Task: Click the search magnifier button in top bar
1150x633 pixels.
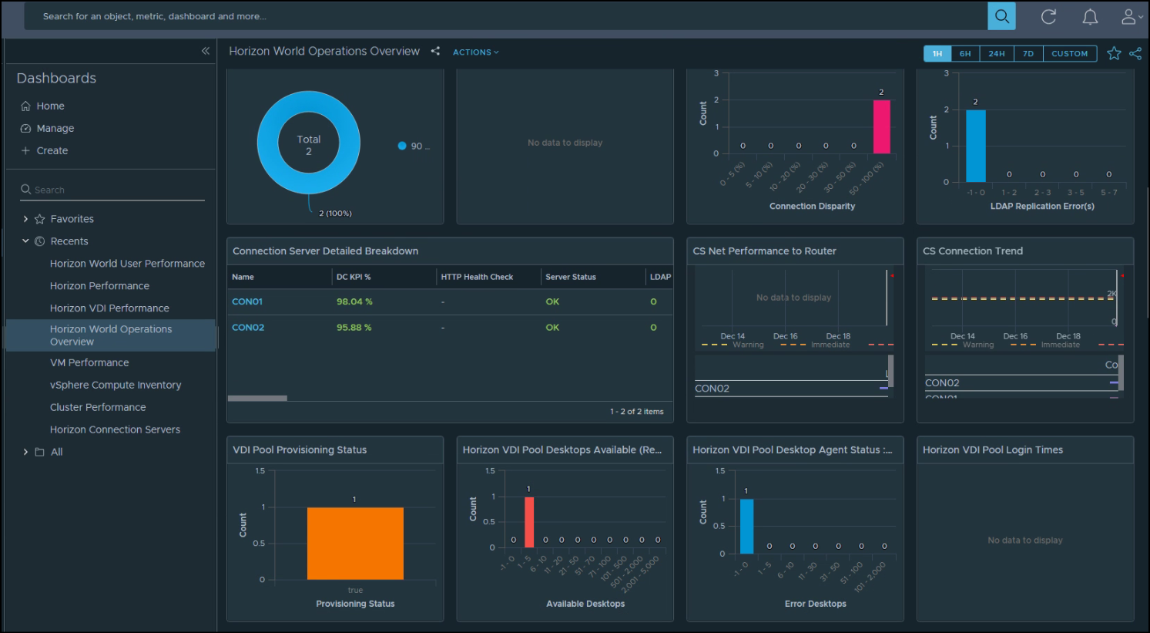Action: coord(1001,16)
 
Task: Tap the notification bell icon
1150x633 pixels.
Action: coord(1090,17)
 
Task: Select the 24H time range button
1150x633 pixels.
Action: coord(996,54)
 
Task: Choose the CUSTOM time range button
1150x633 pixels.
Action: coord(1069,54)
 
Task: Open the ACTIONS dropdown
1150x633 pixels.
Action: coord(475,52)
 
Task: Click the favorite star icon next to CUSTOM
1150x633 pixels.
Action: coord(1114,53)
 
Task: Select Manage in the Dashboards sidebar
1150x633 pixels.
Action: coord(55,129)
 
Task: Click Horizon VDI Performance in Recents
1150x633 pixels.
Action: coord(109,308)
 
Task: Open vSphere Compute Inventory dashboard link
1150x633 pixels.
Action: coord(116,386)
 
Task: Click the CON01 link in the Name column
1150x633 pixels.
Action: coord(247,302)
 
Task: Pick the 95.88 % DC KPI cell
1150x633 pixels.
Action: coord(354,328)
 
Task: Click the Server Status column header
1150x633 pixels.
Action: coord(570,277)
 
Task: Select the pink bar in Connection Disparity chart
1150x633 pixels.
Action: coord(881,127)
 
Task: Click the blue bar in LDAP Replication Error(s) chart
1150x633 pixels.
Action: coord(975,146)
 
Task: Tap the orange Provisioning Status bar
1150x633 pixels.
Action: coord(355,544)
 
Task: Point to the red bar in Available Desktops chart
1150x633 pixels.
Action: coord(529,522)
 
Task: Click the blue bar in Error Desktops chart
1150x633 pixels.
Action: coord(746,526)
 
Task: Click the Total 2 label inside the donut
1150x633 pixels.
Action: coord(309,145)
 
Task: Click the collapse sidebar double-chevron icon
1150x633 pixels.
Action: coord(206,51)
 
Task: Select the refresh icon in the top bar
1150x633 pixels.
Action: coord(1048,17)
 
